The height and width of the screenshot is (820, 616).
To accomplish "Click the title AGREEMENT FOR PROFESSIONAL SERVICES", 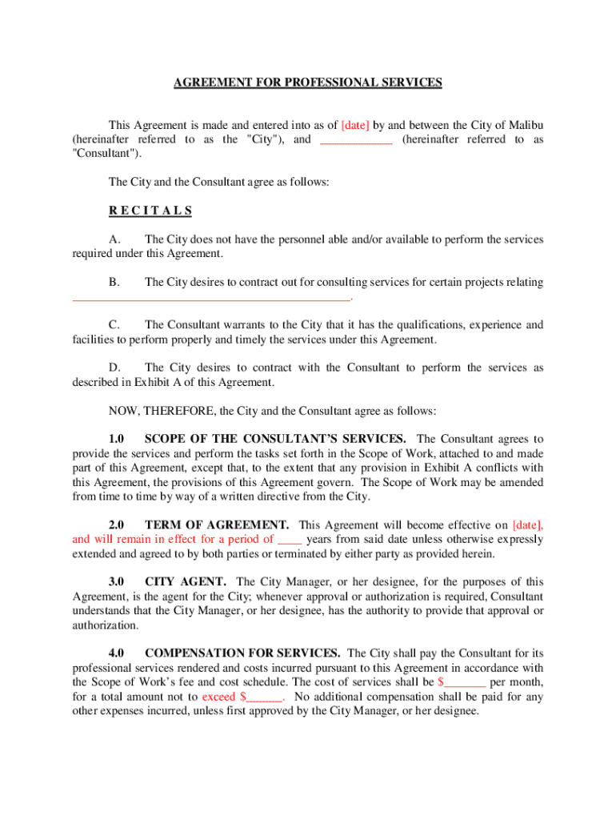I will tap(308, 82).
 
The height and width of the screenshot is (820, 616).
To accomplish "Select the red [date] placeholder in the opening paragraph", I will tap(355, 125).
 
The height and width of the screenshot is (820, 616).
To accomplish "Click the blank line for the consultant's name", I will tap(356, 139).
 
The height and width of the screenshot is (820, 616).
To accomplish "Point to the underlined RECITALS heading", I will tap(150, 211).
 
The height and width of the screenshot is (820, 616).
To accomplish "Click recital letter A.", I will tap(114, 239).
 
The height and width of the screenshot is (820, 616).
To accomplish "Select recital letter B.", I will tap(114, 282).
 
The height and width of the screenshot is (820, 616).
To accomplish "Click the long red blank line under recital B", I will tap(211, 297).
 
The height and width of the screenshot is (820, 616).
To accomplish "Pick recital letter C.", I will tap(114, 325).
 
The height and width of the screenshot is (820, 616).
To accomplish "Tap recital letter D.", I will tap(114, 368).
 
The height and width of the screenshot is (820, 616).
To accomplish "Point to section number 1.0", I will tap(116, 439).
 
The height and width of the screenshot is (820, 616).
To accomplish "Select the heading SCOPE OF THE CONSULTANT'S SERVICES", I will tap(274, 439).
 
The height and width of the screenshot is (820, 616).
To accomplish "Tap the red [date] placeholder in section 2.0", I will tap(527, 525).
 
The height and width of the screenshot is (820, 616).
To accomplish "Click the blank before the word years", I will tap(289, 540).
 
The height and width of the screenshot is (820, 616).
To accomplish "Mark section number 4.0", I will tap(116, 653).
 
